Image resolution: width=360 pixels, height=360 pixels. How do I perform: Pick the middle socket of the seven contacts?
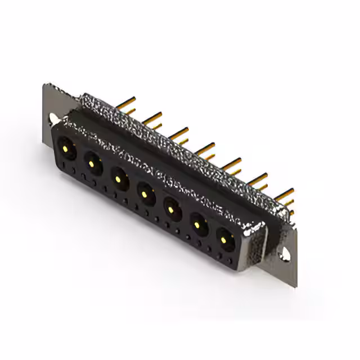pyautogui.click(x=145, y=195)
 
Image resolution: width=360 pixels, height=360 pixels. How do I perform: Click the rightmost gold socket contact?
pyautogui.click(x=224, y=241)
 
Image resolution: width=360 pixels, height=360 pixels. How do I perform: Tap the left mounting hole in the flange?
pyautogui.click(x=52, y=119)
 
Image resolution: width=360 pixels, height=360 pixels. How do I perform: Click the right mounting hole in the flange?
pyautogui.click(x=287, y=251)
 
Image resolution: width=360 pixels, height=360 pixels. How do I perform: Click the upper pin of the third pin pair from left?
pyautogui.click(x=179, y=133)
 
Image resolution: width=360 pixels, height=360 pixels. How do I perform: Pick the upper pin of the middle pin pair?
pyautogui.click(x=205, y=147)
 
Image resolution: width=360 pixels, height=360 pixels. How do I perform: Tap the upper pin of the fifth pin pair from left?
pyautogui.click(x=231, y=163)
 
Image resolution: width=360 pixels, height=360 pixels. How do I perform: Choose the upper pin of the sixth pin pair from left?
pyautogui.click(x=258, y=178)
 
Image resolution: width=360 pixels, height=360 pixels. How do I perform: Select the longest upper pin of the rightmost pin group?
pyautogui.click(x=284, y=193)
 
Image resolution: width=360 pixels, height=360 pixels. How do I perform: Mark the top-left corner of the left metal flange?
pyautogui.click(x=46, y=85)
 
